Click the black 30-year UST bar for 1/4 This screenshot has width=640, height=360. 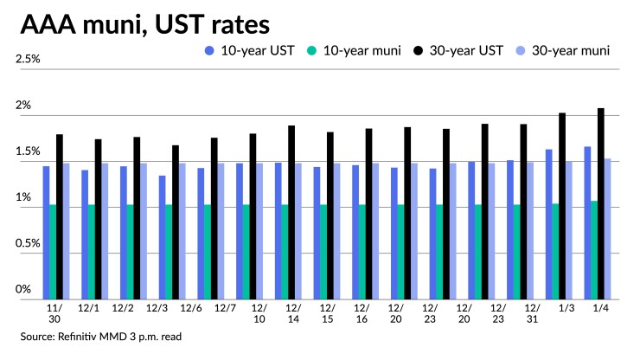(601, 204)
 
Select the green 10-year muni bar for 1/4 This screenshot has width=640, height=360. (593, 250)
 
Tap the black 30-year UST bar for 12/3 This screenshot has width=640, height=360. (176, 222)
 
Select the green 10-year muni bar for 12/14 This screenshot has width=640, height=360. (285, 252)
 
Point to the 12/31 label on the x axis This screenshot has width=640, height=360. (533, 312)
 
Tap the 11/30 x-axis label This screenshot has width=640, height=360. (54, 312)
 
